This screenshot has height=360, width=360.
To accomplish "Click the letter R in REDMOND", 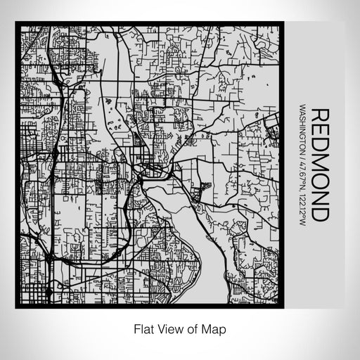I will pos(319,115).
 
